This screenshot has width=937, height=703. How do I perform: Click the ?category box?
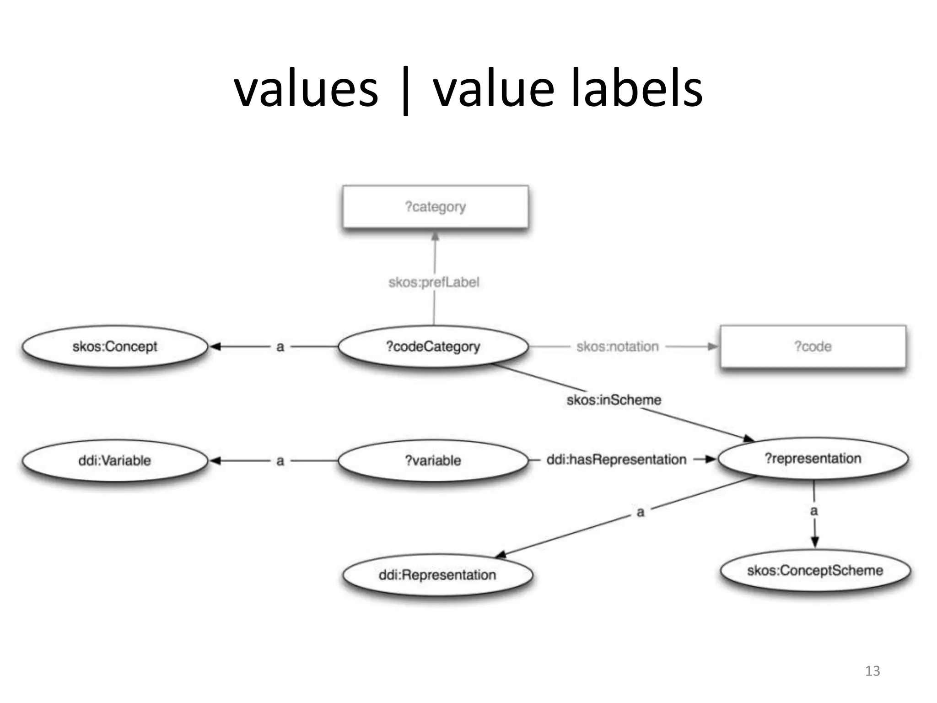pyautogui.click(x=435, y=207)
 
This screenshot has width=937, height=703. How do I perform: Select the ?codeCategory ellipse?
pyautogui.click(x=433, y=346)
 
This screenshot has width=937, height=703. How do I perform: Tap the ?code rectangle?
pyautogui.click(x=813, y=346)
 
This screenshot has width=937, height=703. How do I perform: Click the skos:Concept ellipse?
pyautogui.click(x=115, y=346)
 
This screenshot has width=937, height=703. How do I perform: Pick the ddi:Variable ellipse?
pyautogui.click(x=115, y=460)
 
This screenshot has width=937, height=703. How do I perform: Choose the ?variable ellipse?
pyautogui.click(x=433, y=460)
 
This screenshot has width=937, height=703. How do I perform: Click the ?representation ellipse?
pyautogui.click(x=813, y=459)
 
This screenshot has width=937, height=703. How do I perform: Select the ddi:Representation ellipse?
pyautogui.click(x=437, y=575)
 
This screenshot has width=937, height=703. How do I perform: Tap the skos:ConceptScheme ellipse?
pyautogui.click(x=815, y=571)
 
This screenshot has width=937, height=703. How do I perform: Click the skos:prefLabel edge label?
pyautogui.click(x=434, y=282)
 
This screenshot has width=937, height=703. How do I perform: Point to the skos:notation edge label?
pyautogui.click(x=617, y=347)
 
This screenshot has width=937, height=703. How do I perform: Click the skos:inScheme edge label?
pyautogui.click(x=614, y=400)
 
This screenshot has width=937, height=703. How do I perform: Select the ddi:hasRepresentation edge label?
pyautogui.click(x=616, y=460)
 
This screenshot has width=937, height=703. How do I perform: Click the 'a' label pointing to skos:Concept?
pyautogui.click(x=280, y=347)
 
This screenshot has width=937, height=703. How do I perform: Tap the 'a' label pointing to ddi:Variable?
pyautogui.click(x=280, y=461)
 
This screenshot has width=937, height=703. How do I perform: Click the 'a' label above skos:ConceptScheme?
pyautogui.click(x=814, y=511)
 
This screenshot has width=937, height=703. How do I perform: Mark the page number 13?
pyautogui.click(x=872, y=671)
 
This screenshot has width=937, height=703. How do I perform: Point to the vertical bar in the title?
pyautogui.click(x=405, y=92)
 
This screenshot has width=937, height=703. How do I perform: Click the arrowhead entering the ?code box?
pyautogui.click(x=712, y=346)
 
